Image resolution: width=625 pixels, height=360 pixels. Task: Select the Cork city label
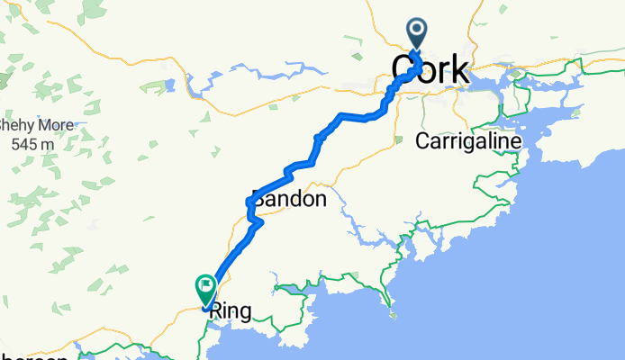coord(430,69)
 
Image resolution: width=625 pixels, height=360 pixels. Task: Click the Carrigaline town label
coord(467,141)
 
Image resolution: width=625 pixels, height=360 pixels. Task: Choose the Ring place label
coord(230,312)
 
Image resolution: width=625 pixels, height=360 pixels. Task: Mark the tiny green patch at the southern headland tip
coord(392,314)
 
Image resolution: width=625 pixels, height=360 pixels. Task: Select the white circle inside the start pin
coord(419,29)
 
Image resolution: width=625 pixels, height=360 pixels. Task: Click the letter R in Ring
coord(215,312)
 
